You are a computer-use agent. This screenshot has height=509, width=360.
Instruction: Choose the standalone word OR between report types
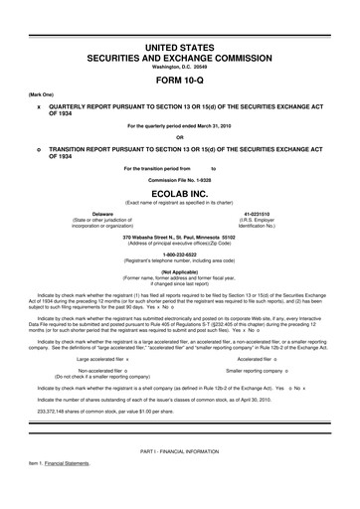(179, 137)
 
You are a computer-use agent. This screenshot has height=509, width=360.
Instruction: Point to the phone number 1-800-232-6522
(180, 254)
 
